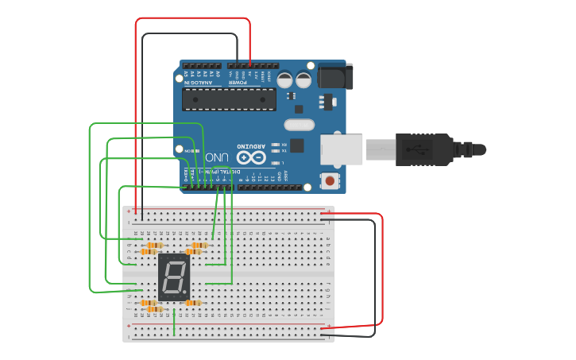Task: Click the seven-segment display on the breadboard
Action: click(x=173, y=277)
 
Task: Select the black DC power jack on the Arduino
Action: click(x=334, y=76)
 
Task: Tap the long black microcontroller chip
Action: click(x=229, y=99)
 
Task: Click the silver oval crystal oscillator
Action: click(x=300, y=124)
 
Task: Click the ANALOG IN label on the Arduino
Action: click(x=199, y=82)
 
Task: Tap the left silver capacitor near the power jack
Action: click(x=285, y=79)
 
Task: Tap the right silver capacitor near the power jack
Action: click(x=303, y=79)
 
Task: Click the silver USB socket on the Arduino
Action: click(x=342, y=149)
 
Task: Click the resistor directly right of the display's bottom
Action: click(x=193, y=303)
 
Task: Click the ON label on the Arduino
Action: click(x=187, y=150)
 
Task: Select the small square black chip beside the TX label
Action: click(x=296, y=145)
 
